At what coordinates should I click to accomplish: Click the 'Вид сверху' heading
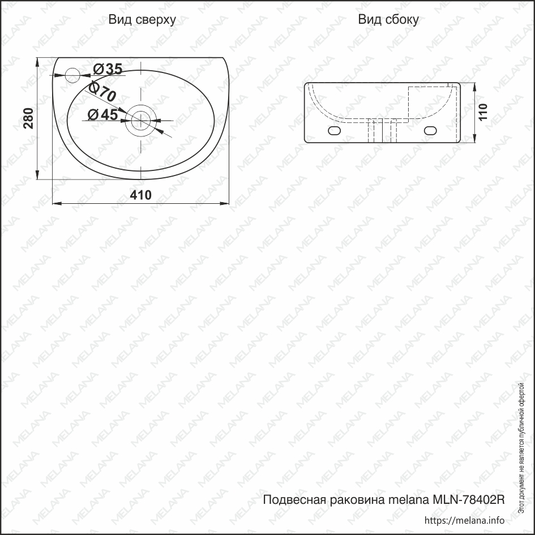142,20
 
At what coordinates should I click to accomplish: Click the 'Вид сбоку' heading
388,20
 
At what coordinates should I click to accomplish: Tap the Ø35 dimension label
107,69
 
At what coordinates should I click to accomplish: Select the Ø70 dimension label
102,92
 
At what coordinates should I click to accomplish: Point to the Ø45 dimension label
103,114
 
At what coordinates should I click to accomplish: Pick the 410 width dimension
141,195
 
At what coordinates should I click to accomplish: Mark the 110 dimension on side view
482,112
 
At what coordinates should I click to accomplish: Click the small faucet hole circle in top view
72,74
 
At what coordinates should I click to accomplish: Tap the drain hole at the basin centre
141,119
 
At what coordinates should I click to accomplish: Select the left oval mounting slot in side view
335,131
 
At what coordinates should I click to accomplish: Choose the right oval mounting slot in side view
431,131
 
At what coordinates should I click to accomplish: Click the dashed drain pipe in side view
383,132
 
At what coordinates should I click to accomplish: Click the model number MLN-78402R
468,500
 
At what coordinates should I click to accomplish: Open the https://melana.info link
464,520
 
